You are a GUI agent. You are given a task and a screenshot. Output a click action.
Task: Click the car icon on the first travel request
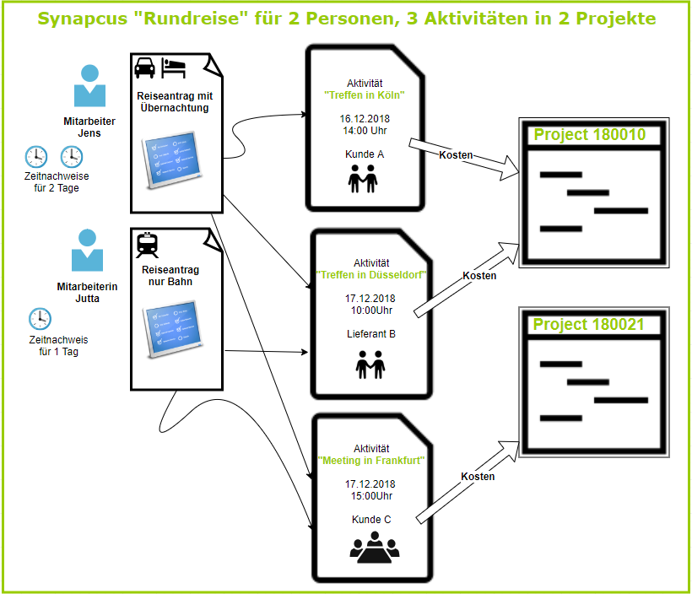(x=144, y=67)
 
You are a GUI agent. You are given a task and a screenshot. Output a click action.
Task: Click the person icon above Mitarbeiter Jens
(x=89, y=85)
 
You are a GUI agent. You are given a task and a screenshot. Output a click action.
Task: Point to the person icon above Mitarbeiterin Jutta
(x=89, y=250)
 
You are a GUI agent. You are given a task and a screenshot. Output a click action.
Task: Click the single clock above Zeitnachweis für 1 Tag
(x=40, y=319)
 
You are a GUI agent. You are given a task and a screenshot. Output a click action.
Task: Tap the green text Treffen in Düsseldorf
(x=370, y=275)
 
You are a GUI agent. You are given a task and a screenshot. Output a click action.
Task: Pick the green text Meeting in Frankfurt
(x=370, y=461)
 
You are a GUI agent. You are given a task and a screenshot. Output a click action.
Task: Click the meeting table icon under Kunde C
(x=374, y=548)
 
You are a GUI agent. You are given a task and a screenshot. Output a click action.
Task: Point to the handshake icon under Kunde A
(x=365, y=179)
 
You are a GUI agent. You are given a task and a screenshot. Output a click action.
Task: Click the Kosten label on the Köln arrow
(x=456, y=155)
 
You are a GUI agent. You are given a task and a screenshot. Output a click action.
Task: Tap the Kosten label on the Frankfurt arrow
(x=478, y=477)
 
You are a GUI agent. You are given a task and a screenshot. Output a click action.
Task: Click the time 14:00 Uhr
(x=365, y=131)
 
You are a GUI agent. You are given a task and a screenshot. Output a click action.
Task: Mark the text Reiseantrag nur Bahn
(x=170, y=275)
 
